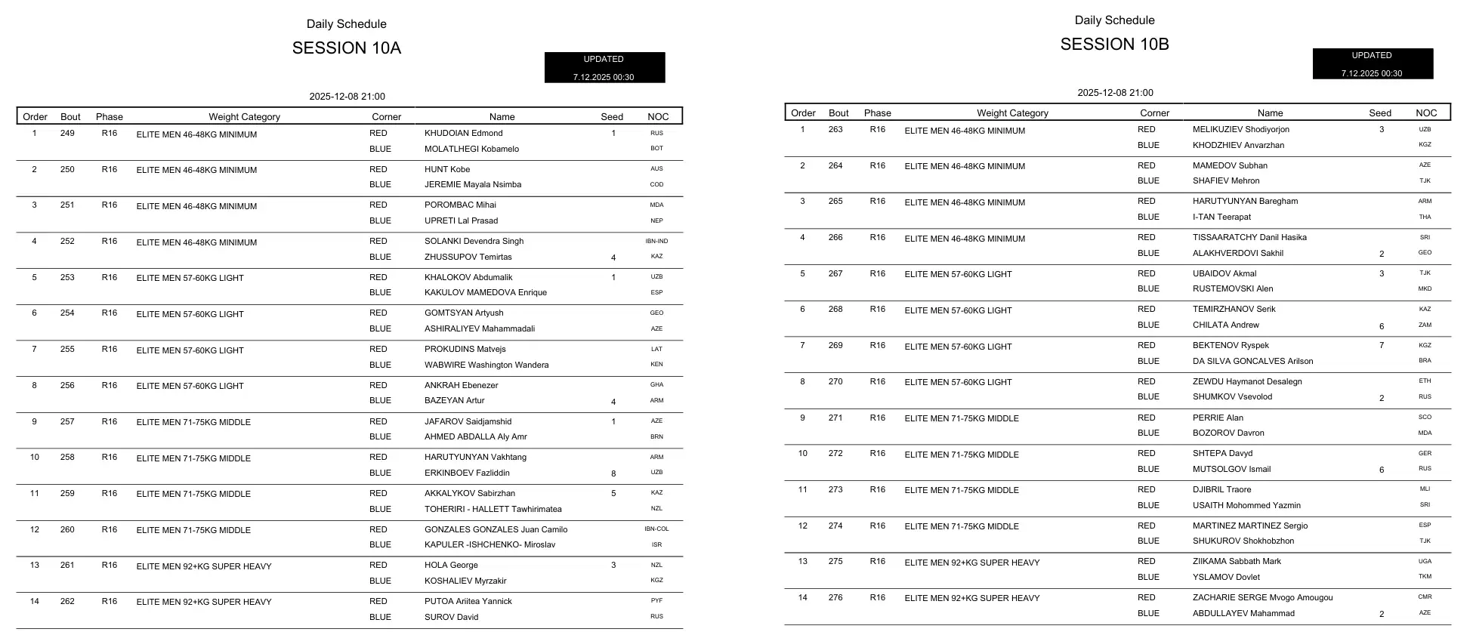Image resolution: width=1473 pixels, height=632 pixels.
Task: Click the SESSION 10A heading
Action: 346,48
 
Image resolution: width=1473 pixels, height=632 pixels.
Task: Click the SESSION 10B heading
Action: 1114,45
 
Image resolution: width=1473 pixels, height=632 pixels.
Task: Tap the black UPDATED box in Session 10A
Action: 604,67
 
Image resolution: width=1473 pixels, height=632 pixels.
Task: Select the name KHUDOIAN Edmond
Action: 463,134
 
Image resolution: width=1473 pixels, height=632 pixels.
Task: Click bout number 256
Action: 67,386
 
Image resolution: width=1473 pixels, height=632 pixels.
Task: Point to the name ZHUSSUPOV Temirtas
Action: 468,257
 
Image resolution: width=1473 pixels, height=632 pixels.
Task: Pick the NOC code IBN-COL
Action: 656,529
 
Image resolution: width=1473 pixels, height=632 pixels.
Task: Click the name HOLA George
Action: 451,566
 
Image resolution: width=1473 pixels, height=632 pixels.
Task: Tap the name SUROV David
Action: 451,618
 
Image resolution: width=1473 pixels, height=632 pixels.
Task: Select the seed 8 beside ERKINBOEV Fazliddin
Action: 613,474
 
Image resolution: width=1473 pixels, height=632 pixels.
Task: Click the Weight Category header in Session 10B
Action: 1012,113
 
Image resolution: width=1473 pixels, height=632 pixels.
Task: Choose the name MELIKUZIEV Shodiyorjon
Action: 1241,130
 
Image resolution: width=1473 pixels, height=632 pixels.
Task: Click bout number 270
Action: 835,382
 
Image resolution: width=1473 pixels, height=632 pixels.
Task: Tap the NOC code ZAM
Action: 1425,325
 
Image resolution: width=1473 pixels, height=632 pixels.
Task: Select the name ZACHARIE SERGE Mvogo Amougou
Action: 1262,598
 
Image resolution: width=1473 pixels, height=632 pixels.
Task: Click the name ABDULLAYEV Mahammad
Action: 1243,614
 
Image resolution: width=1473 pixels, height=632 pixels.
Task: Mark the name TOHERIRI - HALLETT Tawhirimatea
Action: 493,510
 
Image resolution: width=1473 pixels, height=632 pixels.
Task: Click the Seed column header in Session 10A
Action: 612,117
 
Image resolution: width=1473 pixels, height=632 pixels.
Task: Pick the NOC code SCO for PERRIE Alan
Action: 1425,418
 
